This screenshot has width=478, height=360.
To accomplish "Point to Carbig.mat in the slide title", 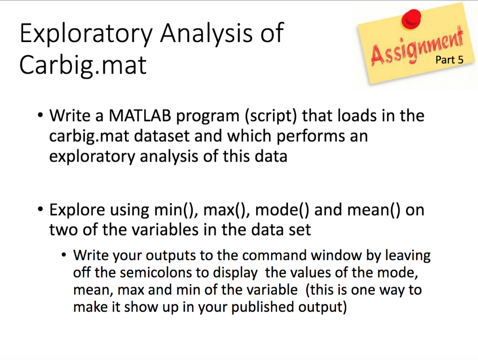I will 83,66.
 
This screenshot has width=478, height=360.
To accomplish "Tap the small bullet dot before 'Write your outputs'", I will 64,256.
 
